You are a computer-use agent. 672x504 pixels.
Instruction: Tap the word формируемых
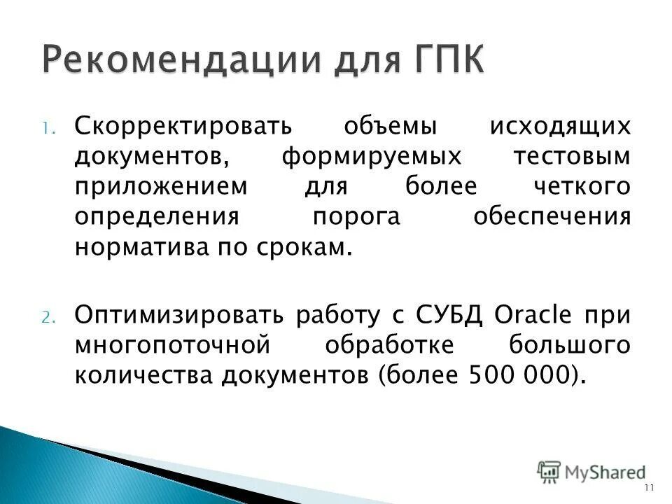372,156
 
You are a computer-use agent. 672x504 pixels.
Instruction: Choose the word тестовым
572,156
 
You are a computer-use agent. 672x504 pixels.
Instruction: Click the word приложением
162,187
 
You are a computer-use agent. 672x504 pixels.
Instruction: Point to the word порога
356,217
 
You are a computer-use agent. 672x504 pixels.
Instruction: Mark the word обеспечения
552,217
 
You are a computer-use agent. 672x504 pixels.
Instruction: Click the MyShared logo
591,472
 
